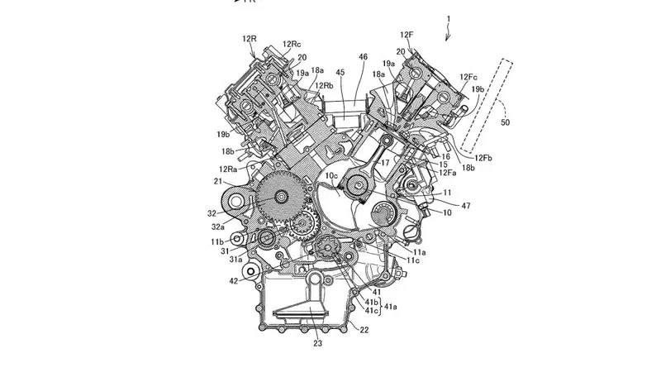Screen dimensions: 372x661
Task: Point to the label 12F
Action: pyautogui.click(x=407, y=35)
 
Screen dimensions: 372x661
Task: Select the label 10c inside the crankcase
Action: pyautogui.click(x=331, y=176)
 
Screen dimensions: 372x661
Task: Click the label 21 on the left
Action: pyautogui.click(x=219, y=181)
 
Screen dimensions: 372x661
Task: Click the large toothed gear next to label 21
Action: pyautogui.click(x=280, y=198)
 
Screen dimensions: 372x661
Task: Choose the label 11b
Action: pyautogui.click(x=216, y=241)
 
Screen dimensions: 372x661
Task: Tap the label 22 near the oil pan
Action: pyautogui.click(x=364, y=330)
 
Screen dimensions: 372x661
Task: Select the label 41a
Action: pyautogui.click(x=388, y=307)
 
